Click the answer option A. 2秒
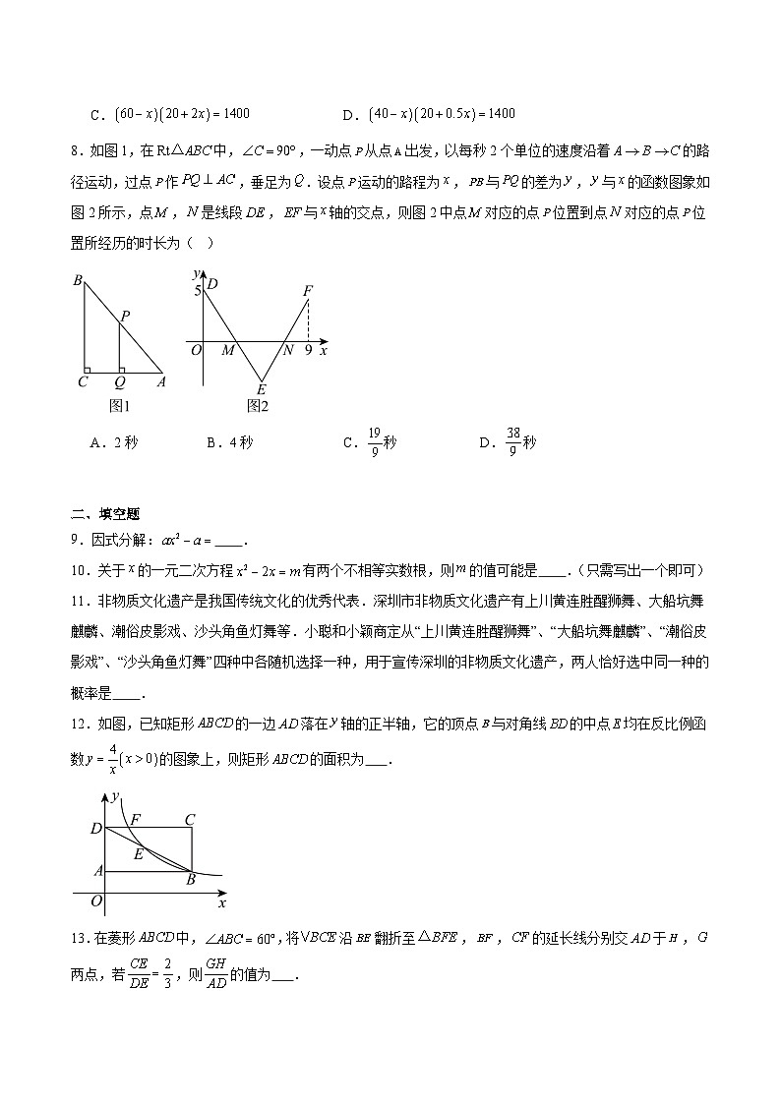113,442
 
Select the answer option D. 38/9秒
507,443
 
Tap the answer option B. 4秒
229,442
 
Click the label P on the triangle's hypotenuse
125,316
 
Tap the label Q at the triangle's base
120,382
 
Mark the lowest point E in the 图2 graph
261,387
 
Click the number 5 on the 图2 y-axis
197,291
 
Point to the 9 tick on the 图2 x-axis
308,350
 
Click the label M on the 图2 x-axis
227,350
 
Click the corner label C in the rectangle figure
189,819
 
